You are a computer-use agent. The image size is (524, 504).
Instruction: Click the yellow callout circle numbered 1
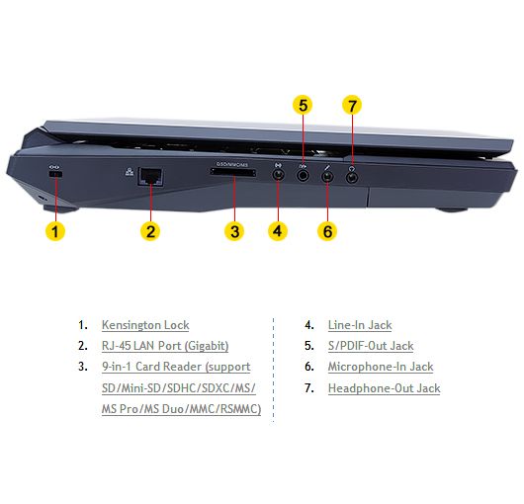tap(55, 231)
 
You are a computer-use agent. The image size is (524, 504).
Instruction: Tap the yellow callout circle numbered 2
tap(150, 231)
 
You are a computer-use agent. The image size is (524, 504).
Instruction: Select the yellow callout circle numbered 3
tap(234, 231)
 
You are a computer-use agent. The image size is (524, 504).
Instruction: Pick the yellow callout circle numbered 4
tap(278, 231)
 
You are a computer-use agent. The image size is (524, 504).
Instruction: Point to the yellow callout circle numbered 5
tap(303, 105)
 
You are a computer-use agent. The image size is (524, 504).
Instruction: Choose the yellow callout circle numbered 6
tap(327, 231)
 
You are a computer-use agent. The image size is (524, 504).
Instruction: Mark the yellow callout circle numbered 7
tap(352, 105)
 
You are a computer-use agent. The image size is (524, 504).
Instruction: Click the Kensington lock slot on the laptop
tap(55, 175)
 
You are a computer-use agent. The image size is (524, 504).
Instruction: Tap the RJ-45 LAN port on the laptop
tap(150, 177)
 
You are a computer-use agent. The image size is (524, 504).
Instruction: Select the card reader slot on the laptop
tap(233, 173)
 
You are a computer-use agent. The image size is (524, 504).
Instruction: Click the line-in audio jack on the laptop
tap(278, 175)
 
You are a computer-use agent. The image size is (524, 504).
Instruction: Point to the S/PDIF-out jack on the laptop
tap(303, 175)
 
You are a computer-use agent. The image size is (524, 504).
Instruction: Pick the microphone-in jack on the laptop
tap(327, 176)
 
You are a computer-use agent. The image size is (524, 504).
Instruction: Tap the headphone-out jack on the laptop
tap(352, 176)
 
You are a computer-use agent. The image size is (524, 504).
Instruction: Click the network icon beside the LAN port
tap(130, 172)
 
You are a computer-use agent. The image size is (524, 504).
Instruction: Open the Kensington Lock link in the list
tap(145, 325)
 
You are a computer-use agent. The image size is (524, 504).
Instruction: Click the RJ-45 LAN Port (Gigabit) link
tap(165, 346)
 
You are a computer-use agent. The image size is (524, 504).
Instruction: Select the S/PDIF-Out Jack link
tap(371, 346)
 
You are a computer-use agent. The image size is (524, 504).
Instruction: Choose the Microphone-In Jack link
tap(381, 367)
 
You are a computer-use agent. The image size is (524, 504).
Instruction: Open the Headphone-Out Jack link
tap(384, 388)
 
